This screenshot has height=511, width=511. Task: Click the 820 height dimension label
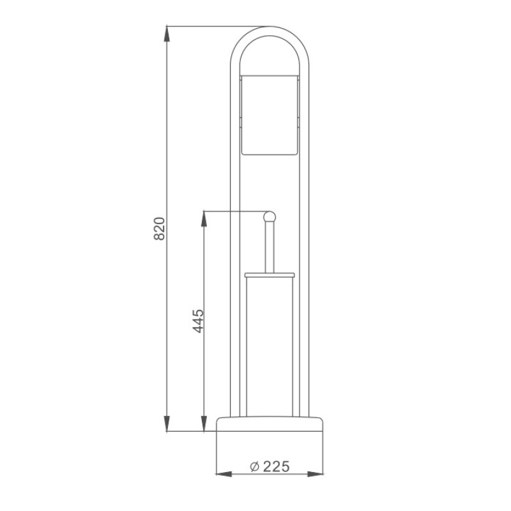point(159,229)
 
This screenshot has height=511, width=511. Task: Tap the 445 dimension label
point(198,321)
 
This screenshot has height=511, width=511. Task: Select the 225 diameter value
point(276,466)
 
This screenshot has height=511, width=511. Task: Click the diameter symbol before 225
point(254,467)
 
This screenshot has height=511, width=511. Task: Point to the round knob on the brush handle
point(270,217)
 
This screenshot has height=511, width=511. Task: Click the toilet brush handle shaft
point(270,248)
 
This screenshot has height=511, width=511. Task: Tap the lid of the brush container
point(270,275)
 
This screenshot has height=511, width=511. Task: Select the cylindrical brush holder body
point(270,347)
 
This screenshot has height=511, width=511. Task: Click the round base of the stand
point(270,423)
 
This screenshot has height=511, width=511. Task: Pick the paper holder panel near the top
point(270,115)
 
